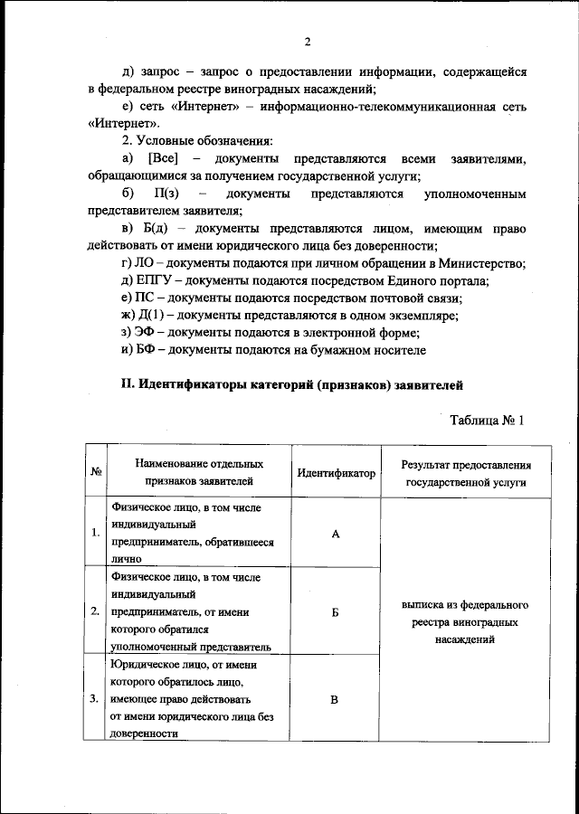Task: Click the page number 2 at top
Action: tap(308, 42)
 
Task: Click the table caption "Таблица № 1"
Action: tap(487, 420)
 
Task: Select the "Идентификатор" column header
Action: tap(335, 473)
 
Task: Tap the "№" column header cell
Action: tap(96, 473)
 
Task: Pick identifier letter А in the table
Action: tap(335, 534)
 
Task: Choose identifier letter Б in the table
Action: tap(335, 612)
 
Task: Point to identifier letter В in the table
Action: tap(335, 699)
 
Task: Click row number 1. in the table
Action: tap(96, 534)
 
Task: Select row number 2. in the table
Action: tap(96, 612)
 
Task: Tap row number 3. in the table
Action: tap(96, 699)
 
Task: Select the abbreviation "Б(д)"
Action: tap(160, 229)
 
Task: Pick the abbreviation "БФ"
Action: tap(146, 350)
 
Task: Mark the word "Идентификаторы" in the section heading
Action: tap(189, 385)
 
